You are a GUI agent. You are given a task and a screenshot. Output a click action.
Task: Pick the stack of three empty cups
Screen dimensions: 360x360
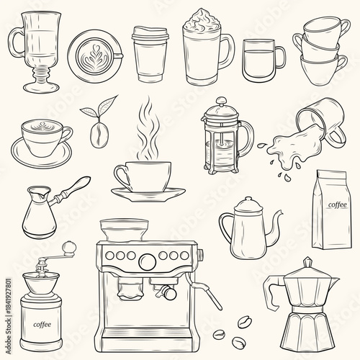(322, 50)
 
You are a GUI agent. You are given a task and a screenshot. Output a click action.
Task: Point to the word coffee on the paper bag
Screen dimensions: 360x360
(336, 204)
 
